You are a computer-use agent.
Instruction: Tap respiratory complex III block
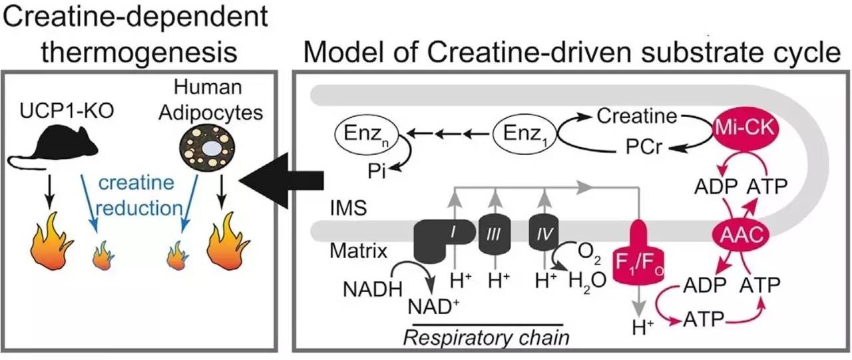pos(494,237)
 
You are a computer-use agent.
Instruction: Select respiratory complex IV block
pos(544,235)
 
